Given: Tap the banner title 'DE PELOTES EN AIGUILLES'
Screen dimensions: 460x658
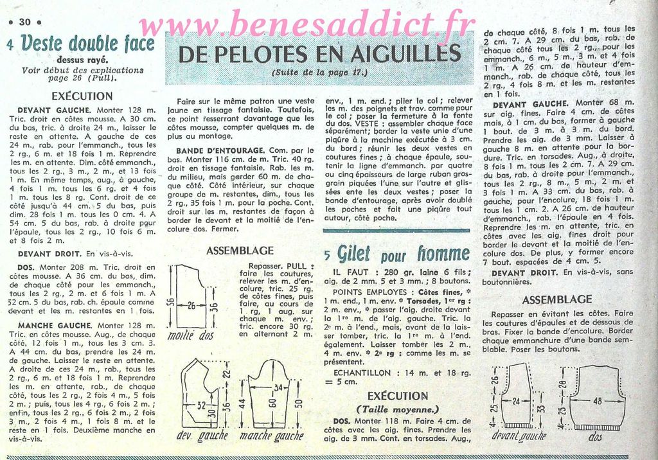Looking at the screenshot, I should [x=319, y=53].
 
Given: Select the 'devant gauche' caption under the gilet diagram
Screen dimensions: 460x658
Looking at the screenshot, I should [x=519, y=436].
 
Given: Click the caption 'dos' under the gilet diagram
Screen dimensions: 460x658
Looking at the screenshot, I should [x=595, y=436].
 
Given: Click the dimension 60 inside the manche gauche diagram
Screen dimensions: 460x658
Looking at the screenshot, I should [x=271, y=403].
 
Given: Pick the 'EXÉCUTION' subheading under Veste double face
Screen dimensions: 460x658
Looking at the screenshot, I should [x=82, y=96].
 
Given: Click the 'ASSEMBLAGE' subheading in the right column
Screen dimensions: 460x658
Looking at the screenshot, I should [x=557, y=299].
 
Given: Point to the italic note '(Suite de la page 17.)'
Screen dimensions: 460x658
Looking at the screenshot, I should [x=319, y=73].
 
